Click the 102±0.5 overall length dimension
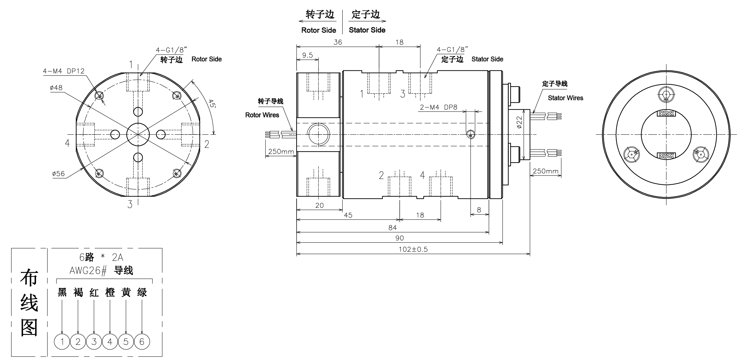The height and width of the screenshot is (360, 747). (x=413, y=249)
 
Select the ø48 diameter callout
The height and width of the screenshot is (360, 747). (x=56, y=88)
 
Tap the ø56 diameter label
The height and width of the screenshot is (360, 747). (x=58, y=174)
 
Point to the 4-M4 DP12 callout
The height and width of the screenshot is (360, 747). (x=64, y=71)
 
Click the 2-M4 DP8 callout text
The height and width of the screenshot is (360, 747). (x=438, y=107)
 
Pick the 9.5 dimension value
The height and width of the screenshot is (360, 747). (x=307, y=55)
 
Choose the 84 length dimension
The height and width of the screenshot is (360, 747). (x=392, y=228)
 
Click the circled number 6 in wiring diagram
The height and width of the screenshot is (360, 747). (x=142, y=342)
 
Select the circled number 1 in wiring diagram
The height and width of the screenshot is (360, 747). (x=62, y=342)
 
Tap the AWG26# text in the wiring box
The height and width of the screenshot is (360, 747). (x=88, y=271)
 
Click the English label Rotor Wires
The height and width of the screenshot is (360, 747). (x=262, y=115)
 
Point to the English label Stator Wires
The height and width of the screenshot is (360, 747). (x=565, y=98)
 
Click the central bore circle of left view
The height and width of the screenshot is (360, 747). (x=138, y=135)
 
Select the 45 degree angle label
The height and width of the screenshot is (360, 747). (x=212, y=103)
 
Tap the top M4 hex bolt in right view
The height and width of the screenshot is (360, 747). (x=666, y=94)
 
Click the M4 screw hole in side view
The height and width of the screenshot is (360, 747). (x=470, y=135)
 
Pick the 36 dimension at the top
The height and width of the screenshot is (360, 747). (x=337, y=42)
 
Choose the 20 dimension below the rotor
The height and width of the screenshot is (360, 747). (x=319, y=205)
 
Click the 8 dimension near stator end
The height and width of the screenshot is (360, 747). (x=479, y=210)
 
